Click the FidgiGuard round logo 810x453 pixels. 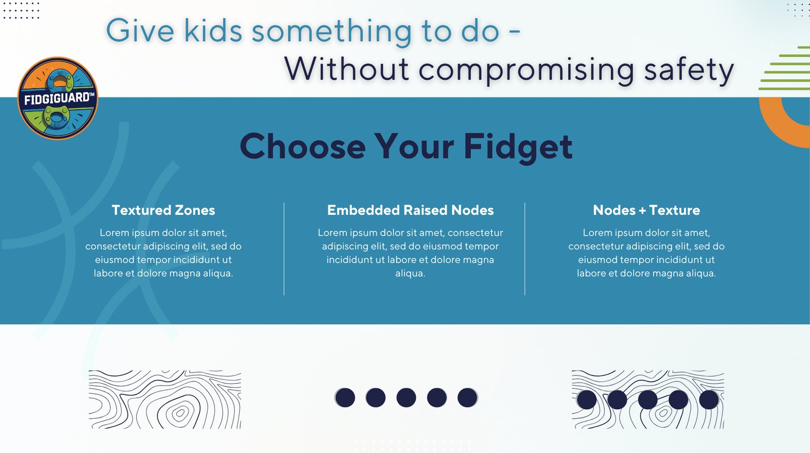(x=58, y=98)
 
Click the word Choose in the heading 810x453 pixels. (x=303, y=146)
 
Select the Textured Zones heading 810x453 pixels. (x=164, y=210)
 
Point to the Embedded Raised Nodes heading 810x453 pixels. (x=411, y=210)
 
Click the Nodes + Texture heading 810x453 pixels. (x=646, y=210)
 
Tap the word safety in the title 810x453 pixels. (x=689, y=70)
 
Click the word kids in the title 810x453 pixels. (x=213, y=31)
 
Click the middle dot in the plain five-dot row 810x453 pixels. (x=406, y=398)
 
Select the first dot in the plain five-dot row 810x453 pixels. (x=345, y=398)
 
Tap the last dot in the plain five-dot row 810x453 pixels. (x=467, y=398)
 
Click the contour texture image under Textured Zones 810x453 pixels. (x=165, y=400)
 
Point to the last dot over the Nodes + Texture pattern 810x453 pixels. (x=709, y=400)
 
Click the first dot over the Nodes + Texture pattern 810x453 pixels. (x=587, y=400)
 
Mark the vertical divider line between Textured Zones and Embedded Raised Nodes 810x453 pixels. (x=284, y=249)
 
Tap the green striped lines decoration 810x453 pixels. (x=785, y=68)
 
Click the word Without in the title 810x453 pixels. (x=346, y=69)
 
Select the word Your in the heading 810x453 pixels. (x=414, y=146)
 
